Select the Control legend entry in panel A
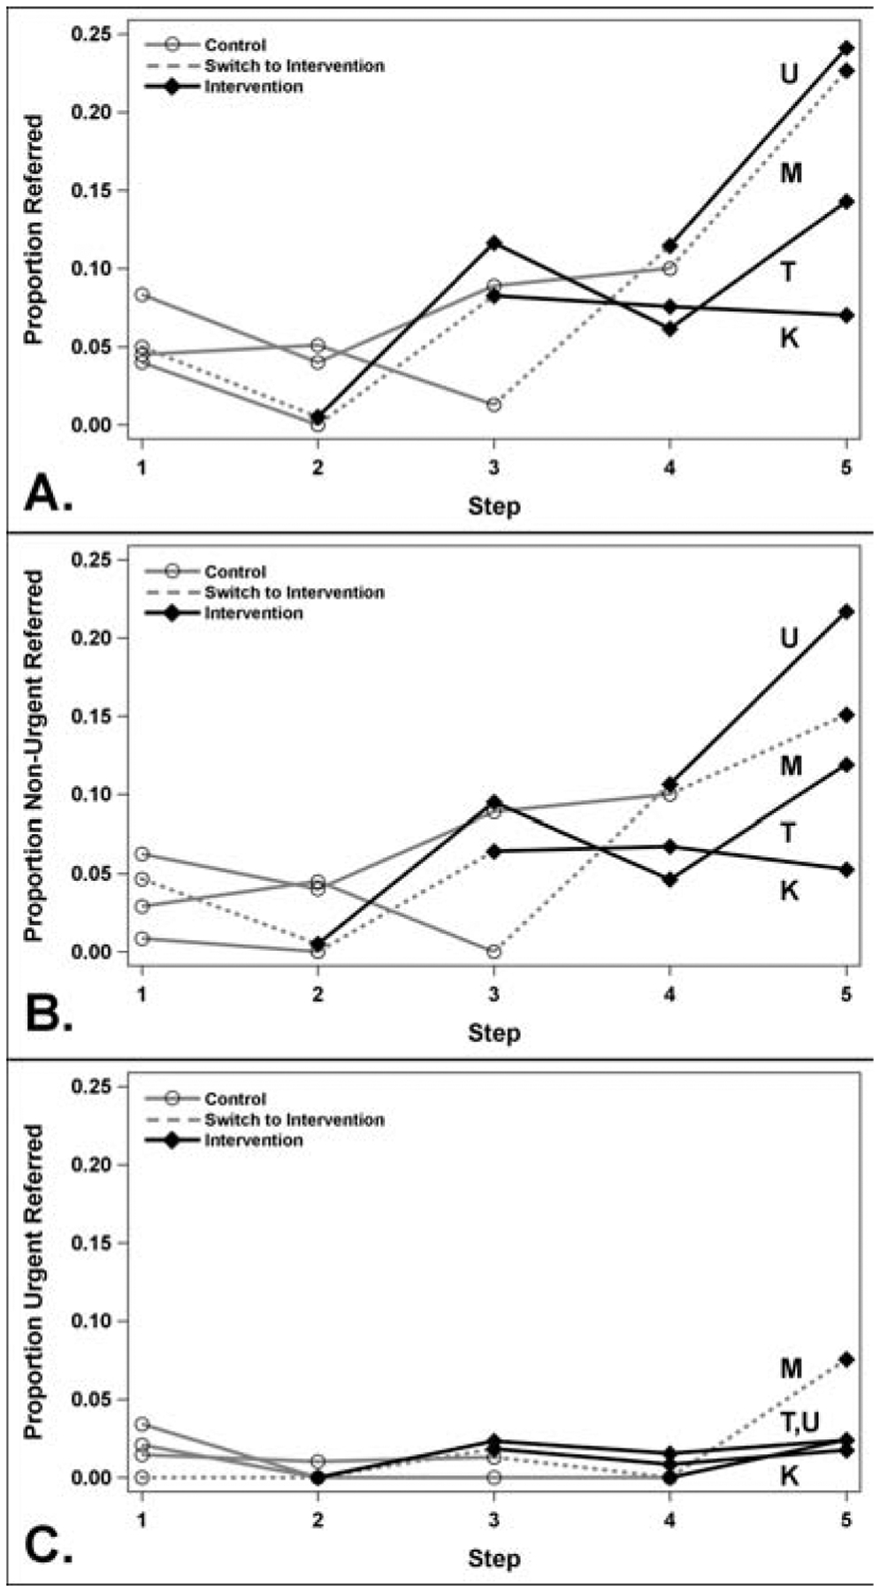click(234, 45)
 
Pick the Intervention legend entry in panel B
click(253, 613)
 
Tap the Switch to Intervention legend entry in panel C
click(294, 1120)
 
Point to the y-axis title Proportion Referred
click(33, 229)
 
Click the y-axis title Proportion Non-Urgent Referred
click(33, 755)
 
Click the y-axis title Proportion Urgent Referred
click(33, 1282)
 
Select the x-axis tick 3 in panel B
click(494, 994)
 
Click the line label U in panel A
click(788, 73)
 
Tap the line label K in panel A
click(789, 337)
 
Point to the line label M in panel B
click(790, 766)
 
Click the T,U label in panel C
click(800, 1423)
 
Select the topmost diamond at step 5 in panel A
click(846, 48)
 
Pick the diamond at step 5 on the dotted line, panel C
click(846, 1359)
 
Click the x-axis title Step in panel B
click(494, 1032)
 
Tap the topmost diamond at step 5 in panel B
click(846, 612)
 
